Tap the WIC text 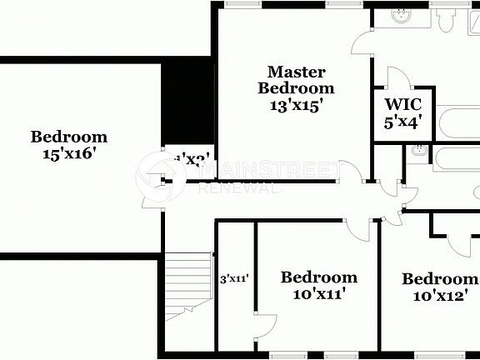coord(402,105)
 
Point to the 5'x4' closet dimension coord(402,122)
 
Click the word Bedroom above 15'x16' coord(69,137)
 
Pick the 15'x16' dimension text coord(69,153)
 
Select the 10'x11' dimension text coord(318,293)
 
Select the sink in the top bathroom coord(399,15)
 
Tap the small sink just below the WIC coord(418,152)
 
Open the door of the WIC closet coord(397,78)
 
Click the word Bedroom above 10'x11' coord(318,277)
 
